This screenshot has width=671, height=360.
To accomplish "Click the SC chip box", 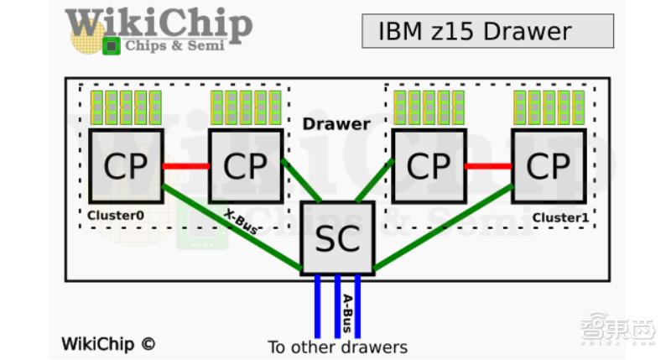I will [336, 237].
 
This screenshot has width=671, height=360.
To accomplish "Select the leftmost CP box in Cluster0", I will [125, 165].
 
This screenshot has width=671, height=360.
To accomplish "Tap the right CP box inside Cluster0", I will [245, 165].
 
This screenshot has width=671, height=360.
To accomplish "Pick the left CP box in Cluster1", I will [429, 165].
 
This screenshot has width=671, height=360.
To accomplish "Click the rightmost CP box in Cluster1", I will [549, 165].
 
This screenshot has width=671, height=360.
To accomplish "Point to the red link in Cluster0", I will [185, 166].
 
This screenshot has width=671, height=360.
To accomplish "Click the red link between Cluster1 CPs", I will [488, 166].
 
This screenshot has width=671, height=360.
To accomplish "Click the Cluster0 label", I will [116, 216].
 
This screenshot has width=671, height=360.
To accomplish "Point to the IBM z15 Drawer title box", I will [487, 32].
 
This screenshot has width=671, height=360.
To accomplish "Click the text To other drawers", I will [337, 347].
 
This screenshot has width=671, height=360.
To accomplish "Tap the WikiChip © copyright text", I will [108, 343].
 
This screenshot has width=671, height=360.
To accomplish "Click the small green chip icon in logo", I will [111, 46].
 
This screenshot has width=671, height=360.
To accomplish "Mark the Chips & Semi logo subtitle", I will [174, 45].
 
